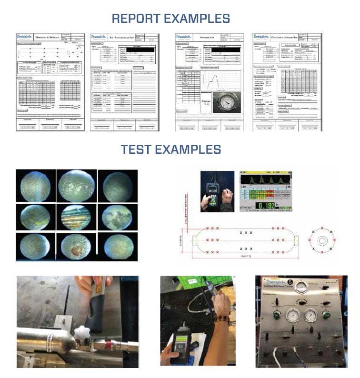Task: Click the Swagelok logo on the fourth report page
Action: [x=263, y=37]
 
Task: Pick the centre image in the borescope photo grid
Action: [x=76, y=217]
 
